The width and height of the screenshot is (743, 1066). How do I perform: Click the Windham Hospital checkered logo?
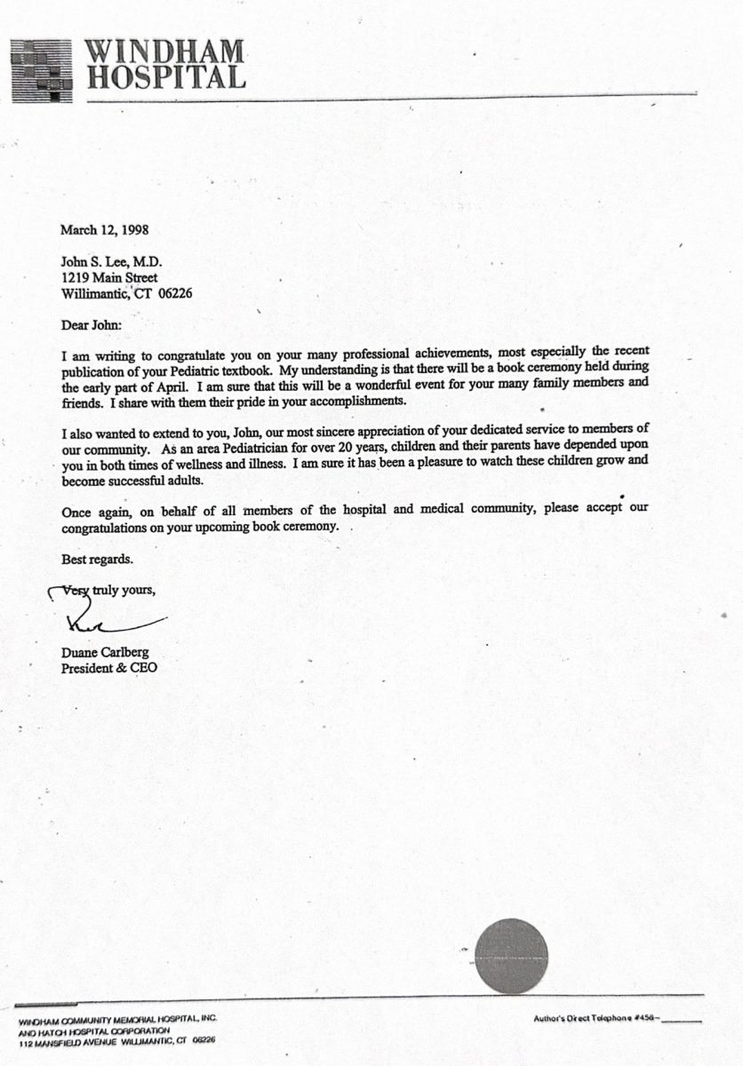coord(41,69)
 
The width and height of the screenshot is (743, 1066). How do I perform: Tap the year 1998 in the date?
coord(132,229)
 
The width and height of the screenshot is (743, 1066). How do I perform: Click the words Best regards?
coord(97,560)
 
